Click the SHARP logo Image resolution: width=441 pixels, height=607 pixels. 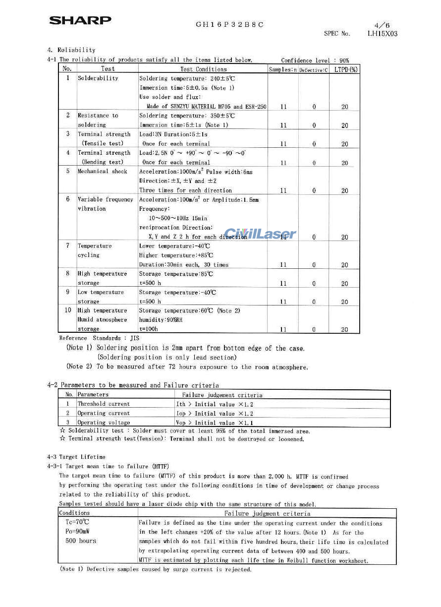pos(80,20)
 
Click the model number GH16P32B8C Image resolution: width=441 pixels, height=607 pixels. pos(229,24)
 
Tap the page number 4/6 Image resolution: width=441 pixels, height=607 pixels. pos(382,25)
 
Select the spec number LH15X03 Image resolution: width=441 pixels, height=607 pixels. pos(382,34)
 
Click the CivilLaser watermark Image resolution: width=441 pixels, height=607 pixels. pos(260,234)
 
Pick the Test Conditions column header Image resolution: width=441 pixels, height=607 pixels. pos(203,69)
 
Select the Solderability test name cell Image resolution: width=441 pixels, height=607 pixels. pos(98,78)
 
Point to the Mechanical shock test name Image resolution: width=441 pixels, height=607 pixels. pos(103,172)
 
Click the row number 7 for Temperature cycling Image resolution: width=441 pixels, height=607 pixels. pos(67,246)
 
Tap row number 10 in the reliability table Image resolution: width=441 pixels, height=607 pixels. pos(68,310)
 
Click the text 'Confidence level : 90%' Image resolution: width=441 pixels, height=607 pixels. pos(315,61)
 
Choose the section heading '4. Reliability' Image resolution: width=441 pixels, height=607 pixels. pos(71,50)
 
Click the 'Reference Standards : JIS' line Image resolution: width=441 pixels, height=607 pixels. pos(99,338)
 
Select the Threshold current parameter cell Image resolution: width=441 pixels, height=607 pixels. pos(104,404)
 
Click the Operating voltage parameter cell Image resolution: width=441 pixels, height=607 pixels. pos(104,423)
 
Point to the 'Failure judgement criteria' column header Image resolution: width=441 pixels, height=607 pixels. pos(222,395)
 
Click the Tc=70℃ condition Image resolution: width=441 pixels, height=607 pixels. pos(78,522)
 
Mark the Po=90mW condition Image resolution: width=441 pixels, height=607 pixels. pos(77,532)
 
